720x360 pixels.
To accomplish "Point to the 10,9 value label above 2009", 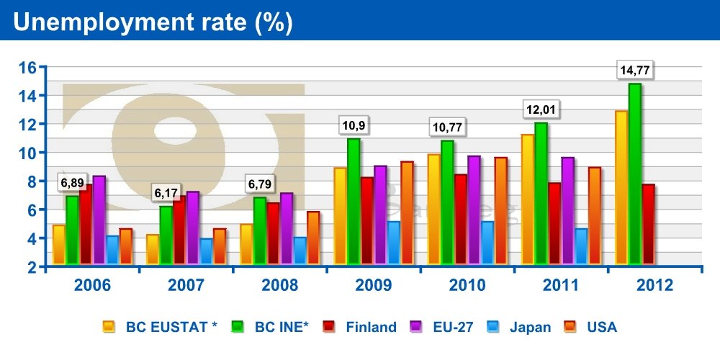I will pyautogui.click(x=353, y=125).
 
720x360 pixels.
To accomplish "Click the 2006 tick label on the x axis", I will pyautogui.click(x=92, y=285).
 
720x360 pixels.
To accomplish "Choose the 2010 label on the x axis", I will pyautogui.click(x=467, y=285).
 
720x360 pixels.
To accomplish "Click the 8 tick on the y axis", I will pyautogui.click(x=32, y=181).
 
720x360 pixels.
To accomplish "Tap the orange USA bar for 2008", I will pyautogui.click(x=312, y=238).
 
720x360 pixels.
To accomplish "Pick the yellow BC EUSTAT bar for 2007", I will pyautogui.click(x=153, y=249).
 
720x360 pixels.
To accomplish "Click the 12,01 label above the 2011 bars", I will pyautogui.click(x=541, y=112).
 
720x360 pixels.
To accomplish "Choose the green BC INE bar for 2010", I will pyautogui.click(x=447, y=202).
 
